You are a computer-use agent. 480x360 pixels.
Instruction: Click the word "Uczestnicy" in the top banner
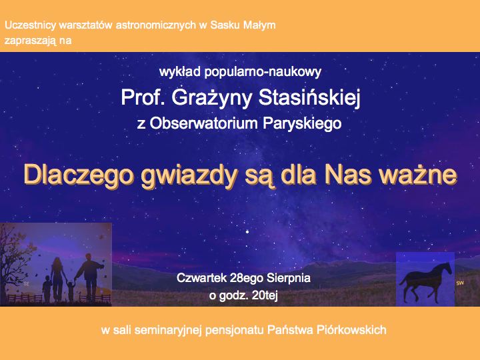(x=31, y=25)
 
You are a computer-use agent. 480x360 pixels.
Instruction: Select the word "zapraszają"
(x=30, y=41)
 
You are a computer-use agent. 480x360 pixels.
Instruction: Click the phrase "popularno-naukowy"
(x=263, y=72)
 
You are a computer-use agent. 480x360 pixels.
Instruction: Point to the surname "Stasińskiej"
(x=309, y=98)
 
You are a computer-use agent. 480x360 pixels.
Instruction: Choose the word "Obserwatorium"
(x=204, y=123)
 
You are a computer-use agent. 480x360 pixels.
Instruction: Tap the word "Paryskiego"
(x=302, y=124)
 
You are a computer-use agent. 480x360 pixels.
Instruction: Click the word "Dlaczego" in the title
(x=79, y=176)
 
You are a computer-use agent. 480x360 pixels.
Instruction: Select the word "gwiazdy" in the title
(x=189, y=176)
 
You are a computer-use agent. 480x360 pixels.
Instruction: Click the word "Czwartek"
(x=201, y=278)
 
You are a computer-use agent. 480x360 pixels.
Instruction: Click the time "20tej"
(x=265, y=296)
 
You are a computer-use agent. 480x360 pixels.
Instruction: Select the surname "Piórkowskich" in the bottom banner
(x=351, y=330)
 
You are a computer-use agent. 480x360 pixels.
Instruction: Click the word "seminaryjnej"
(x=168, y=331)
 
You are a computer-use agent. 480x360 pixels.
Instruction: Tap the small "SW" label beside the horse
(x=460, y=283)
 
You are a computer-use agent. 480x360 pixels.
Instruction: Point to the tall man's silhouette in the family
(x=90, y=275)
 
